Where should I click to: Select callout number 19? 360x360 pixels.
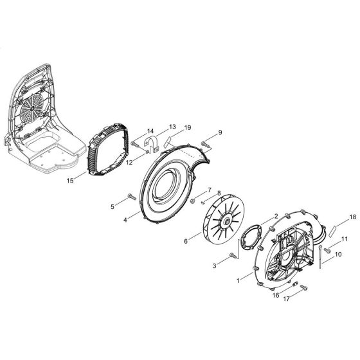pos(188,129)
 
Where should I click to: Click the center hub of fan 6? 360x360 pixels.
pos(210,225)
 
